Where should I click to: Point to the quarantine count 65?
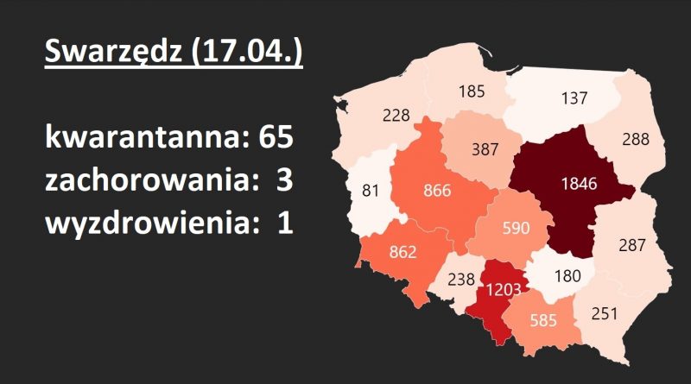click(x=276, y=139)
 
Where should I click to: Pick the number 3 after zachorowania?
click(x=282, y=181)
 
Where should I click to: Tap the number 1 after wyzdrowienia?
click(x=282, y=223)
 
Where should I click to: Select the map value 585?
click(x=542, y=319)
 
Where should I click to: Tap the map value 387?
click(x=486, y=149)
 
